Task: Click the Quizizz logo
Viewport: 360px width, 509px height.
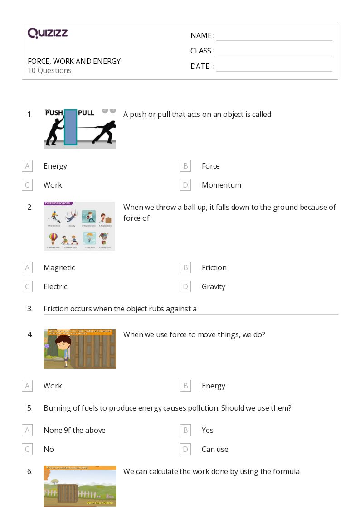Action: coord(48,33)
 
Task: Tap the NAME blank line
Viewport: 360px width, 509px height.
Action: coord(274,36)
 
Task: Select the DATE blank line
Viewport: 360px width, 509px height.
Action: coord(274,67)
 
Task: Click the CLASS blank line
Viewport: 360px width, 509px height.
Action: coord(274,51)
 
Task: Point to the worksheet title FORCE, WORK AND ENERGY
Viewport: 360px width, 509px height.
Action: coord(74,61)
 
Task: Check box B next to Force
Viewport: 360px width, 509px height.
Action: coord(185,166)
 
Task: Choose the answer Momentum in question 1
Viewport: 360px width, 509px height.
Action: coord(221,185)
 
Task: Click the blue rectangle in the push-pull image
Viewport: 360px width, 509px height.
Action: coord(70,127)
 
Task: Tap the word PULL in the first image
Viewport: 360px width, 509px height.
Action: coord(86,113)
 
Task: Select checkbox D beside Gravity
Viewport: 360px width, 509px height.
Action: coord(185,286)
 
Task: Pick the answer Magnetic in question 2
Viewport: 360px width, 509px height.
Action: coord(59,267)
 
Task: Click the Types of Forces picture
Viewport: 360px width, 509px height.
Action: coord(79,226)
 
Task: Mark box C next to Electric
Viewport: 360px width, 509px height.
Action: coord(27,286)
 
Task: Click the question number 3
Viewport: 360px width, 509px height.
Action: coord(30,309)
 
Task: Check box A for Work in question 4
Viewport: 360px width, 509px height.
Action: coord(27,386)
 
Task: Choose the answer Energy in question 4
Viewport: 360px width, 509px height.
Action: coord(213,386)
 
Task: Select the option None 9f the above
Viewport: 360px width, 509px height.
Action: coord(74,430)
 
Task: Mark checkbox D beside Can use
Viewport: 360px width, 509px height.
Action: coord(185,449)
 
